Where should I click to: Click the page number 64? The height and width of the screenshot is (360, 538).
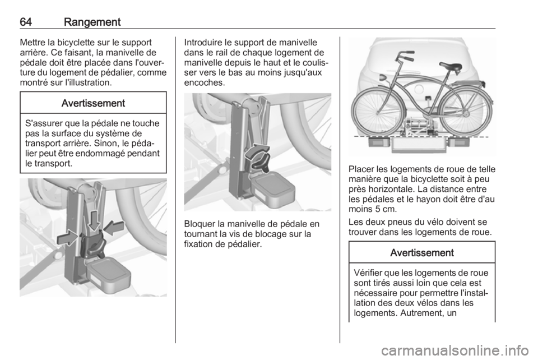26,22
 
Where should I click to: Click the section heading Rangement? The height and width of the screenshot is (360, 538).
92,22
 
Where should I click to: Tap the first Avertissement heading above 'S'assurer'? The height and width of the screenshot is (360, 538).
93,103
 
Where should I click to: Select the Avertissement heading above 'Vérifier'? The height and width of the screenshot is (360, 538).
421,253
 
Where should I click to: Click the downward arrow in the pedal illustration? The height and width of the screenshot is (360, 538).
94,220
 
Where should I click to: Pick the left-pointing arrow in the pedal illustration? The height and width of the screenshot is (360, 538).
114,228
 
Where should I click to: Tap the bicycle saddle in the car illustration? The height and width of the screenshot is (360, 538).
451,66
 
